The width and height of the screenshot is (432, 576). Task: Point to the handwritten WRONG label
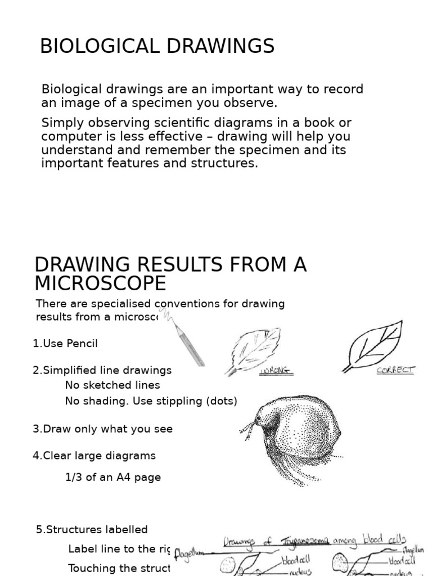pos(276,371)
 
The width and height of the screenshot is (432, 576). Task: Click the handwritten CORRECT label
pos(395,370)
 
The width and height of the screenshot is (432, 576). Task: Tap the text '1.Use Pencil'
pos(65,344)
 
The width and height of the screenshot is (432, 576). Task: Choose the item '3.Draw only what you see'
pos(102,429)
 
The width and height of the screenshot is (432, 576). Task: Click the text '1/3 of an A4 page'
pos(113,477)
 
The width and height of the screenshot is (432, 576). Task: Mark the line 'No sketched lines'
pos(112,385)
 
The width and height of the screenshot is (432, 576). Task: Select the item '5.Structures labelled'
pos(92,529)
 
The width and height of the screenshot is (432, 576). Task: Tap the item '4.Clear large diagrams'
pos(94,456)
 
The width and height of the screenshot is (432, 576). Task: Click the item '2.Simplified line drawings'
pos(102,370)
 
